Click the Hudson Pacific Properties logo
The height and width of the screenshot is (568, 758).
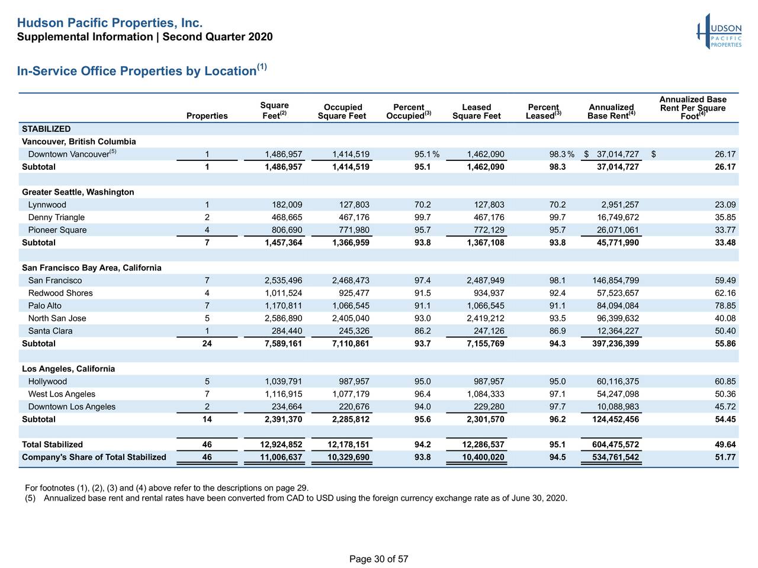[x=719, y=32]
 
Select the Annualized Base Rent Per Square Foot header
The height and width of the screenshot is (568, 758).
[x=692, y=108]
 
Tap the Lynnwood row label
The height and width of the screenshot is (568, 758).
[x=47, y=205]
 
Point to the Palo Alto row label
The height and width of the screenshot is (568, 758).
[x=44, y=306]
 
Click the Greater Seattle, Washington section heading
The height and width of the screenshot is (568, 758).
[x=78, y=192]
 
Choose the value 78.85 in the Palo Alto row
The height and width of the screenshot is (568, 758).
[x=725, y=306]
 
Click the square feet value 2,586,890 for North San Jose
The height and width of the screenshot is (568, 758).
[x=283, y=318]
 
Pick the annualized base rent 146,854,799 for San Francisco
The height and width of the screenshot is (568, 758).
[x=615, y=280]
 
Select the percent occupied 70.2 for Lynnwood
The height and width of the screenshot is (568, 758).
[x=423, y=205]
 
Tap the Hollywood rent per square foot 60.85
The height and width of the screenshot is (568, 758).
[x=725, y=382]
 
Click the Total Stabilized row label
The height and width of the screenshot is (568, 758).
[x=52, y=444]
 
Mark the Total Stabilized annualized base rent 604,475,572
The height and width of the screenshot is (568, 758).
[x=615, y=444]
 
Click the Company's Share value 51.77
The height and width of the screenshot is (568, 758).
[x=725, y=457]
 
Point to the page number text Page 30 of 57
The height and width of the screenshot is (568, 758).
[x=378, y=559]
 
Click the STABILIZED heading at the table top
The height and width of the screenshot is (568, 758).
[x=46, y=129]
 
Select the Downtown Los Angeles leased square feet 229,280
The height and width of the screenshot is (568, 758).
[x=486, y=406]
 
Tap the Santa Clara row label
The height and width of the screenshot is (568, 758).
[x=50, y=331]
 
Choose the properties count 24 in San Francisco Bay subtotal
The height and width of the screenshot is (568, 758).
[x=207, y=344]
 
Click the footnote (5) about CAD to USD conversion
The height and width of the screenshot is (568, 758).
[x=296, y=498]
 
